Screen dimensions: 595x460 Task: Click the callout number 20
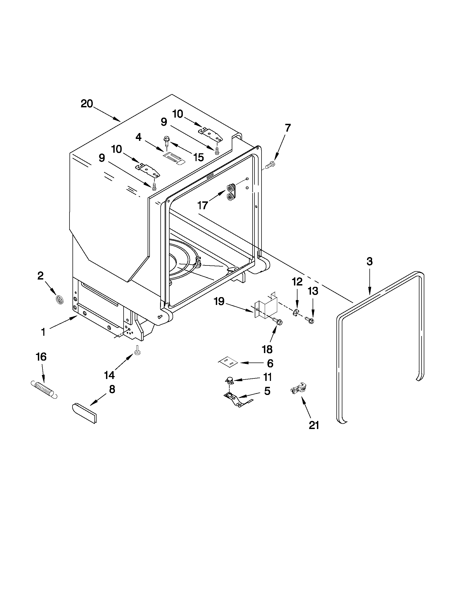pos(87,104)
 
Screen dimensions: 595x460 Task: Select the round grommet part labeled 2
pos(59,300)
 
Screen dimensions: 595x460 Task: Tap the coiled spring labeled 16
pos(44,389)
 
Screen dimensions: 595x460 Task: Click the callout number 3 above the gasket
pos(369,261)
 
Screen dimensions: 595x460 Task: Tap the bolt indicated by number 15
pos(166,141)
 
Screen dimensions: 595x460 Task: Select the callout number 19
pos(219,302)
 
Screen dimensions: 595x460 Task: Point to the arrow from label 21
pos(306,407)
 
